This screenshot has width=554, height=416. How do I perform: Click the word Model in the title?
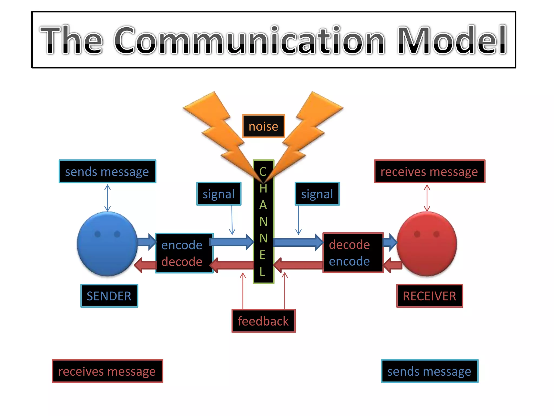coord(452,40)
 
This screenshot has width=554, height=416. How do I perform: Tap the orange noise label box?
coord(263,126)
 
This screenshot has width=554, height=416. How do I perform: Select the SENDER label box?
coord(109,296)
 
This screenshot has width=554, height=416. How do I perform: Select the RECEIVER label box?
coord(429,296)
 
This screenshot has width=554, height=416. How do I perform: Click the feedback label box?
coord(263,321)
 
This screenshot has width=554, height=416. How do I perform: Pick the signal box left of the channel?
coord(219,194)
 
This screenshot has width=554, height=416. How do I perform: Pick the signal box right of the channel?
coord(317,194)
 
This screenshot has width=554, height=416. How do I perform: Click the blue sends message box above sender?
coord(107,171)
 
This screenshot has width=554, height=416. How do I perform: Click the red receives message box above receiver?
coord(429,171)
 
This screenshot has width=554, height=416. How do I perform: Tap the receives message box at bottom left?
coord(107,371)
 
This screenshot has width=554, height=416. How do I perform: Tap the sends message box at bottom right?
coord(429,371)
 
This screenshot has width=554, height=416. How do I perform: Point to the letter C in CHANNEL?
coord(263,172)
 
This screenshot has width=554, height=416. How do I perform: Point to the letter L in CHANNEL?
coord(262,271)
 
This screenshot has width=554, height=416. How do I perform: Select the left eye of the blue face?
coord(98,234)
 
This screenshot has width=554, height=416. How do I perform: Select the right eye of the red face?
coord(436,234)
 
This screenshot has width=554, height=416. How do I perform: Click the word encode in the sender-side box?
coord(182,245)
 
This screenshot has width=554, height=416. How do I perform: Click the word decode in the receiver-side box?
coord(349,245)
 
